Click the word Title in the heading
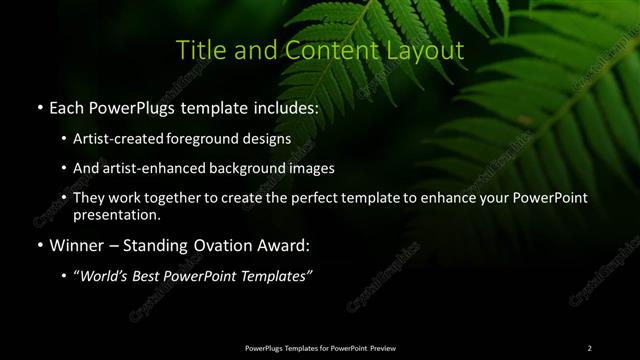(x=198, y=51)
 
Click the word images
(x=313, y=168)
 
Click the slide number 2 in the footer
(x=589, y=348)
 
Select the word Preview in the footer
(x=382, y=348)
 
